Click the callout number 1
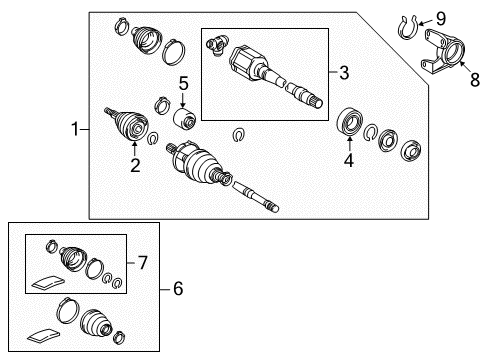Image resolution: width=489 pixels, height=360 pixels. point(74,128)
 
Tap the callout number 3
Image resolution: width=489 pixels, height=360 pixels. point(345,73)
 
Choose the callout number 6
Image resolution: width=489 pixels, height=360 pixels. point(178,289)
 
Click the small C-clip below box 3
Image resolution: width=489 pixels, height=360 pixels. point(237,135)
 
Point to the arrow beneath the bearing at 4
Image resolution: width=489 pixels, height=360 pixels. point(349,143)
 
